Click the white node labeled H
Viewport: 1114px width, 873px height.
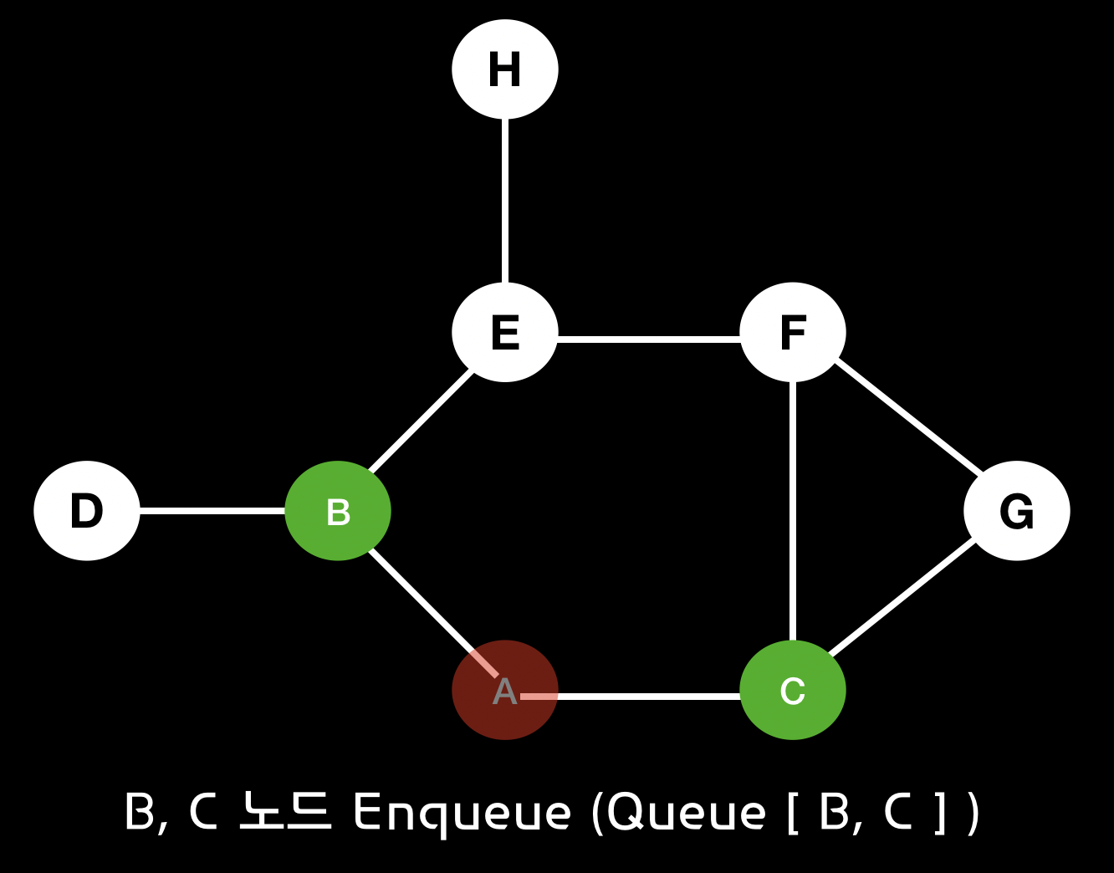(x=504, y=69)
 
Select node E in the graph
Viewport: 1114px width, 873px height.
(x=504, y=332)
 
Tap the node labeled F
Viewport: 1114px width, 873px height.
(x=792, y=332)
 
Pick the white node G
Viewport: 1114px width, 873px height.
(x=1016, y=510)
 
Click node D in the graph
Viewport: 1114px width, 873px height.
(x=87, y=510)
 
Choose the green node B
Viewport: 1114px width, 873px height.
(x=338, y=510)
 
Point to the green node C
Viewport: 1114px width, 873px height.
(x=792, y=690)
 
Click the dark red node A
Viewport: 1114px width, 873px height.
(x=504, y=690)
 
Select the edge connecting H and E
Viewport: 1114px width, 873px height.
(x=504, y=201)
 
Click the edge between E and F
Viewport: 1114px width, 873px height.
(x=648, y=339)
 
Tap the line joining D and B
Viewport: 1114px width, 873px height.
(x=212, y=510)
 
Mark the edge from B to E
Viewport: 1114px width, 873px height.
(x=421, y=421)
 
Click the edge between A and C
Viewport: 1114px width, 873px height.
(x=648, y=696)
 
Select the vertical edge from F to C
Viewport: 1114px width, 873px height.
(x=792, y=510)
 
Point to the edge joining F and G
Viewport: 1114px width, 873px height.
(x=909, y=416)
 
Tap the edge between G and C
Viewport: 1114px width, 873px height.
(x=902, y=596)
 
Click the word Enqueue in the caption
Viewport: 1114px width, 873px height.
(x=462, y=812)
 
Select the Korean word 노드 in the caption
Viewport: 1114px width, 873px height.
(x=285, y=812)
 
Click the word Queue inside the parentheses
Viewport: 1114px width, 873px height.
(x=687, y=812)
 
